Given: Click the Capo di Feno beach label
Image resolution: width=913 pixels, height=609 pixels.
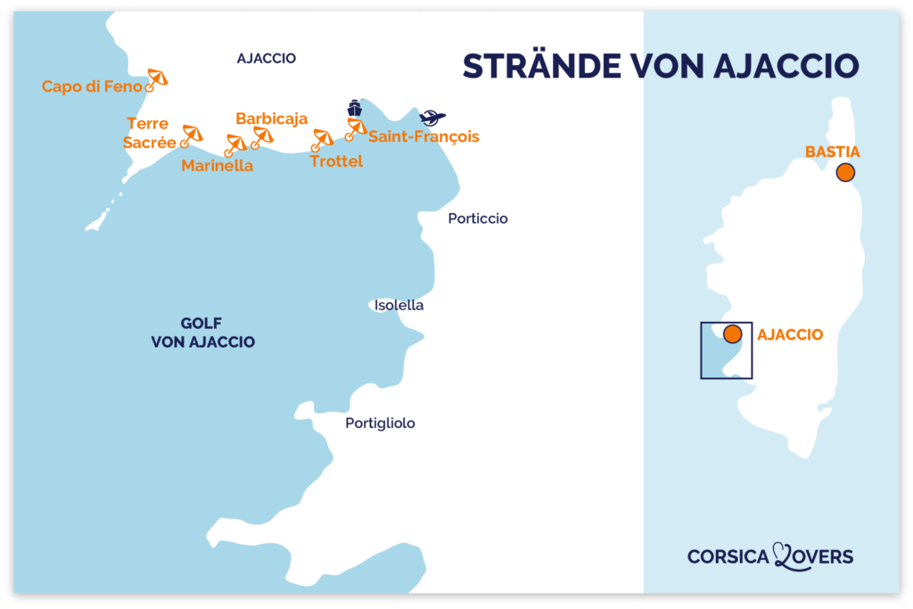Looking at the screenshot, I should tap(92, 86).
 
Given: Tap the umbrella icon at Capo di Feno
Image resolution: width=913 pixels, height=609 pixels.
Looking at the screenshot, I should tap(157, 78).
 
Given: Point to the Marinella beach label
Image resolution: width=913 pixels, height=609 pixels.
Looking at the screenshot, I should tap(217, 165).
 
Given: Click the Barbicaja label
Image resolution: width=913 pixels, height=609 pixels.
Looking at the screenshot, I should tap(271, 119).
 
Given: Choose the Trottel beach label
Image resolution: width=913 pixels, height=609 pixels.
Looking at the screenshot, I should tap(336, 161).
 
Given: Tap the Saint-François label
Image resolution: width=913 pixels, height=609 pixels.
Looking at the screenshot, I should tap(424, 136).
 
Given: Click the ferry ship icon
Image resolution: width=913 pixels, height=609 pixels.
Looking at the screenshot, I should tap(355, 108).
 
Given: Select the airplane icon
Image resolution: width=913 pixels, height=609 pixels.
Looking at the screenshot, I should tap(432, 118).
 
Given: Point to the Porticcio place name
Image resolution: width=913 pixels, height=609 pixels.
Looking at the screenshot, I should tap(478, 218).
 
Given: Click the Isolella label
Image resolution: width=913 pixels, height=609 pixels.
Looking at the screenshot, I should tap(399, 305).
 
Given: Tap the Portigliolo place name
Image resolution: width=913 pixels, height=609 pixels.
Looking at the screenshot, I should tap(380, 424).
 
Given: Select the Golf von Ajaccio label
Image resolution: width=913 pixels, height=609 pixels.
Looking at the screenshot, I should tap(202, 333).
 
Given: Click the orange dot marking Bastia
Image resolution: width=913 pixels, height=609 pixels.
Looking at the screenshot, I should tap(844, 173).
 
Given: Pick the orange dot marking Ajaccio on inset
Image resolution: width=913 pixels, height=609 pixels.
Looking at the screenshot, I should tap(732, 334).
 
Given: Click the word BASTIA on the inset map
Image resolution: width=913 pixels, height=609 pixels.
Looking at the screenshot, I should tap(832, 152).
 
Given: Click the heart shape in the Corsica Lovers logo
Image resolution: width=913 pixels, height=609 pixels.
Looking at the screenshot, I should tap(784, 556).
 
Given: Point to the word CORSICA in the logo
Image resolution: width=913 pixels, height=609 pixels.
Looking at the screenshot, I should tap(728, 556).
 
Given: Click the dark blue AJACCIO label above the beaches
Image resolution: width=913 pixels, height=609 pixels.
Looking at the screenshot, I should tap(266, 59).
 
